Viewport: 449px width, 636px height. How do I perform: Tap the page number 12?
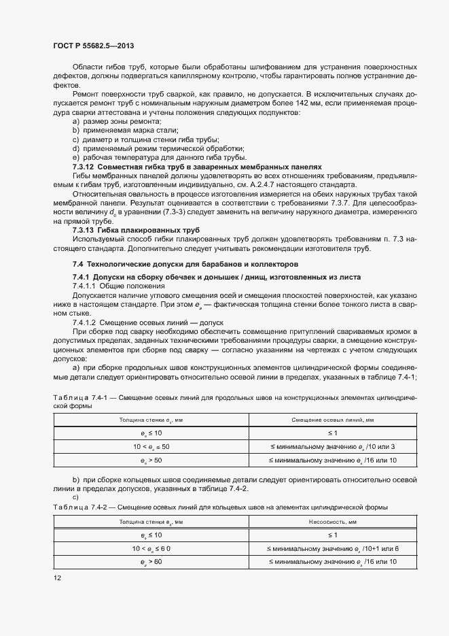point(58,578)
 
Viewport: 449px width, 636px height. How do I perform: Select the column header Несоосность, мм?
point(333,522)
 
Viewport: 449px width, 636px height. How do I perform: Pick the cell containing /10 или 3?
point(332,446)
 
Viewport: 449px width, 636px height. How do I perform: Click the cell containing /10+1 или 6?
point(333,548)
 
